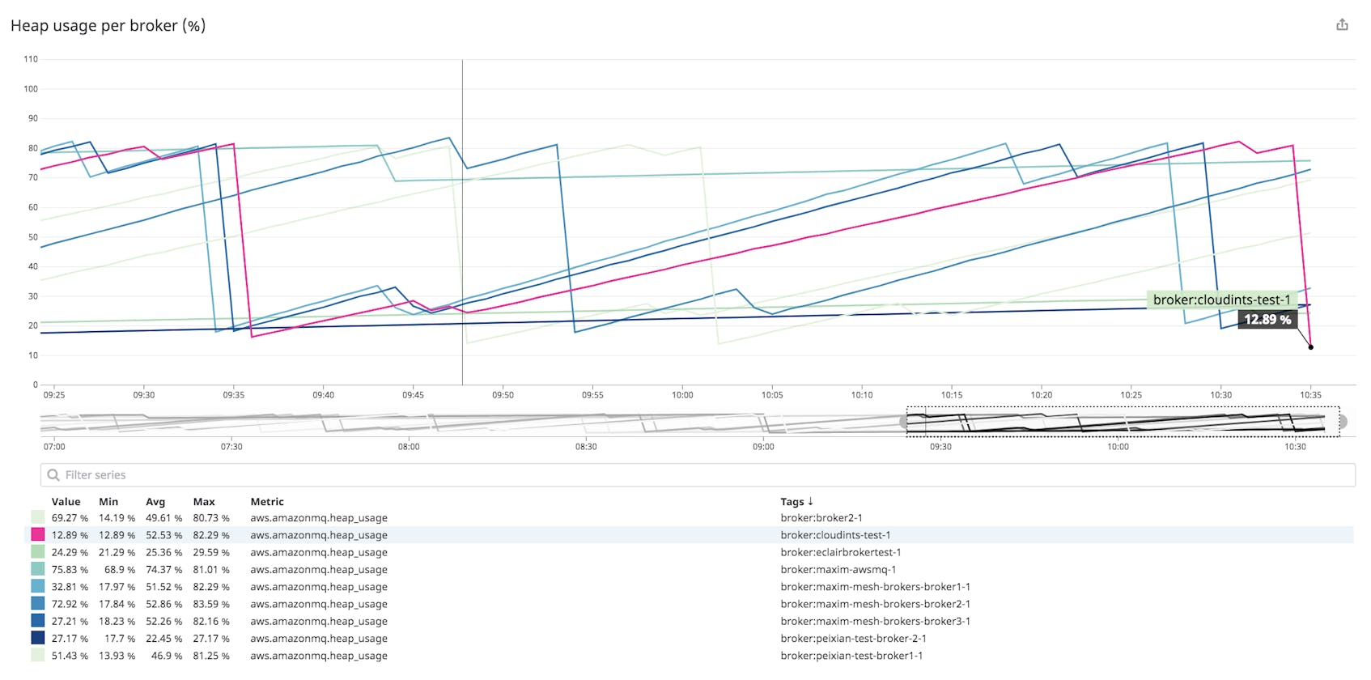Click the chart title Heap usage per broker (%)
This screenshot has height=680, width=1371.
pyautogui.click(x=108, y=26)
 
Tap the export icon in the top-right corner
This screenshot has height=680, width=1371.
pyautogui.click(x=1342, y=25)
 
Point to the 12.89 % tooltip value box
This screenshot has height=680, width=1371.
pyautogui.click(x=1267, y=319)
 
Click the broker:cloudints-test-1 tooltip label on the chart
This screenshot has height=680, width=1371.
pyautogui.click(x=1221, y=300)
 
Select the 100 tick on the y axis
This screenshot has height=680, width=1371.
pyautogui.click(x=31, y=89)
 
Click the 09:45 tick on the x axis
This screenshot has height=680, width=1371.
pyautogui.click(x=413, y=395)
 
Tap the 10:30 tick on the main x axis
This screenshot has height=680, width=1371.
pyautogui.click(x=1220, y=395)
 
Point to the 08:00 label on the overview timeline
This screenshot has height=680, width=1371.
pyautogui.click(x=409, y=447)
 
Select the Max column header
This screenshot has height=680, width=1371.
pyautogui.click(x=204, y=502)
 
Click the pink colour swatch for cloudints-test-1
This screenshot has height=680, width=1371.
pyautogui.click(x=38, y=535)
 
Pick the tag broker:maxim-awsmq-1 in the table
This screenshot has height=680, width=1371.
pyautogui.click(x=838, y=570)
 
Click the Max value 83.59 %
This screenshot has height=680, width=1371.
pyautogui.click(x=210, y=604)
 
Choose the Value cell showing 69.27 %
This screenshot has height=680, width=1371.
pyautogui.click(x=70, y=518)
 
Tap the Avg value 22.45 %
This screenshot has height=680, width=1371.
pyautogui.click(x=163, y=639)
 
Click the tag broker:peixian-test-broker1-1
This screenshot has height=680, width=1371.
pyautogui.click(x=851, y=656)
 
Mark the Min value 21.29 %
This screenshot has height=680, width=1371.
pyautogui.click(x=117, y=553)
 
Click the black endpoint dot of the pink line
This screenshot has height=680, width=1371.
pyautogui.click(x=1310, y=347)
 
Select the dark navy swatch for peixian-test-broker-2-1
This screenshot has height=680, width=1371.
pyautogui.click(x=38, y=639)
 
